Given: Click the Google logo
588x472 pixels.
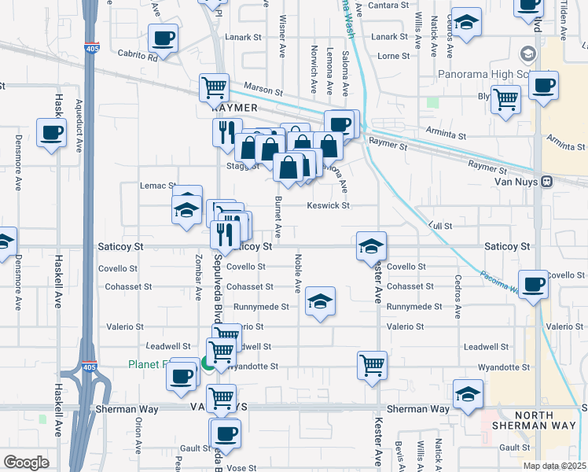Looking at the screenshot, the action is (x=26, y=462).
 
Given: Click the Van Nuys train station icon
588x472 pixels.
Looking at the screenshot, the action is (x=546, y=181).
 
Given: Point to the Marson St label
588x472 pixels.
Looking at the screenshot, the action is (x=263, y=89).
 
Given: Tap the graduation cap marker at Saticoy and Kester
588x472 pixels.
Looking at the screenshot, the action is (x=371, y=245).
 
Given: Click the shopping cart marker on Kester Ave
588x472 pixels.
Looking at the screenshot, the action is (x=372, y=363).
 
